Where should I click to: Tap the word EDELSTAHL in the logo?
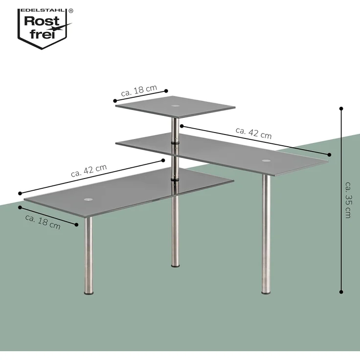[x=43, y=11]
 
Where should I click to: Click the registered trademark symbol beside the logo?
[x=71, y=11]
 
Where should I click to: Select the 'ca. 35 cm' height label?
[x=348, y=200]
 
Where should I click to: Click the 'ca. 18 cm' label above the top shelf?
[x=139, y=90]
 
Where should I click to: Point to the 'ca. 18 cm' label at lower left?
[x=43, y=222]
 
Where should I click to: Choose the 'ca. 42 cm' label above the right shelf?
[x=254, y=133]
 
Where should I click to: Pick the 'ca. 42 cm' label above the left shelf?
[x=89, y=171]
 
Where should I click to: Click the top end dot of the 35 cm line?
[x=341, y=109]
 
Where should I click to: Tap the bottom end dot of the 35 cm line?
[x=341, y=292]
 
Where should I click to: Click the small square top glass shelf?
[x=175, y=107]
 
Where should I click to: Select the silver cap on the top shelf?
[x=176, y=106]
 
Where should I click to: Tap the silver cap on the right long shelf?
[x=266, y=160]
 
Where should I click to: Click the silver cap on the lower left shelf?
[x=88, y=200]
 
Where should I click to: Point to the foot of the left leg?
[x=89, y=293]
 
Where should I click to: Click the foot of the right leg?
[x=266, y=292]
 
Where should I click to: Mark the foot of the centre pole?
[x=176, y=266]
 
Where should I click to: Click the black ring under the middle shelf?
[x=175, y=142]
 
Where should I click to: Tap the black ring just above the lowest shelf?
[x=175, y=179]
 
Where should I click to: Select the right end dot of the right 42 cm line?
[x=329, y=155]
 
